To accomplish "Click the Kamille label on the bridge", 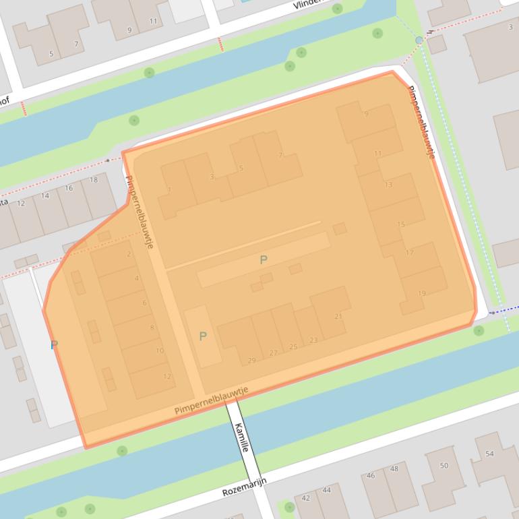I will (x=242, y=436).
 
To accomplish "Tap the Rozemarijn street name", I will (x=245, y=487).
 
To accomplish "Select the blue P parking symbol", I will (x=54, y=345).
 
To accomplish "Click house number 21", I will (x=338, y=316).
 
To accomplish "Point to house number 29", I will (x=251, y=361).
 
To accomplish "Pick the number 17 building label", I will (x=409, y=253).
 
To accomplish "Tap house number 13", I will (x=388, y=185).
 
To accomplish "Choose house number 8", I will (x=152, y=328).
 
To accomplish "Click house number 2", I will (x=129, y=254).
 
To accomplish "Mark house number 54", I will (x=489, y=454).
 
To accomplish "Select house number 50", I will (x=444, y=466).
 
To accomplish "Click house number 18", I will (x=93, y=180).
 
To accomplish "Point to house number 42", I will (x=306, y=497).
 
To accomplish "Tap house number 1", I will (x=169, y=190).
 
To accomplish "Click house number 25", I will (x=293, y=346).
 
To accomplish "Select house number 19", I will (x=422, y=293).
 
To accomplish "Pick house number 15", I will (x=401, y=224).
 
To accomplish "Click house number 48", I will (x=394, y=468).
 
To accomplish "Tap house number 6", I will (x=144, y=303).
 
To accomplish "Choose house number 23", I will (x=313, y=340).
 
